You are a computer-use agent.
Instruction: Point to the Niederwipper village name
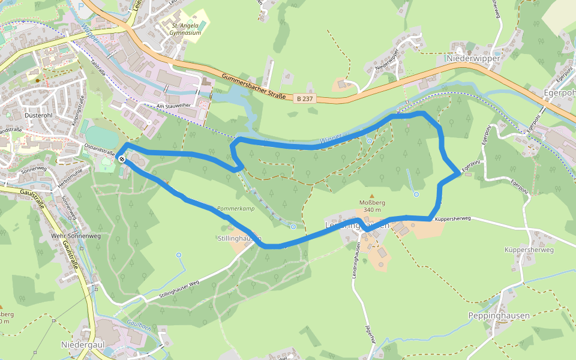coord(473,58)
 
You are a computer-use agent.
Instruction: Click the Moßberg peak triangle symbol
coord(371,196)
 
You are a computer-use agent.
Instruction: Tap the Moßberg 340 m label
coord(371,206)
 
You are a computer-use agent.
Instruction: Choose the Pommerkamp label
coord(236,208)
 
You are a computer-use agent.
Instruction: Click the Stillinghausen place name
coord(239,238)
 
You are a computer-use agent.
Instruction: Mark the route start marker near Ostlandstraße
coord(122,159)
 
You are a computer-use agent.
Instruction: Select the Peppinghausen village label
coord(499,316)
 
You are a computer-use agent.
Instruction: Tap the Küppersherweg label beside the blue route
coord(452,219)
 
